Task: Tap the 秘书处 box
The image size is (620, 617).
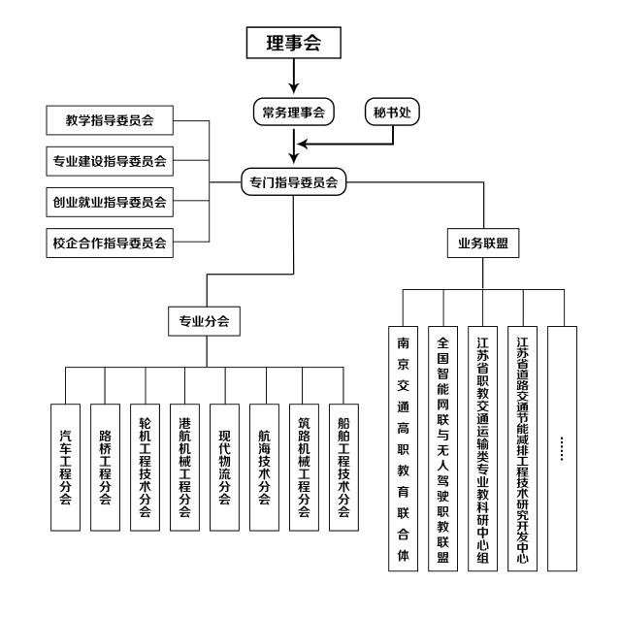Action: click(393, 112)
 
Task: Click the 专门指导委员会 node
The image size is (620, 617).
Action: click(294, 179)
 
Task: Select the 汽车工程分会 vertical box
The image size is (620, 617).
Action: click(66, 466)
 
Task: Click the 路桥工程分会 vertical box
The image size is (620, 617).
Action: click(106, 466)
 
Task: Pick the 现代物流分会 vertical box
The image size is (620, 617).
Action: click(224, 466)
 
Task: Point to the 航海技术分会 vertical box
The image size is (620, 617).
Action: click(264, 466)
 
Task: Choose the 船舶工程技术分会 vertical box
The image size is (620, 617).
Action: click(343, 466)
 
